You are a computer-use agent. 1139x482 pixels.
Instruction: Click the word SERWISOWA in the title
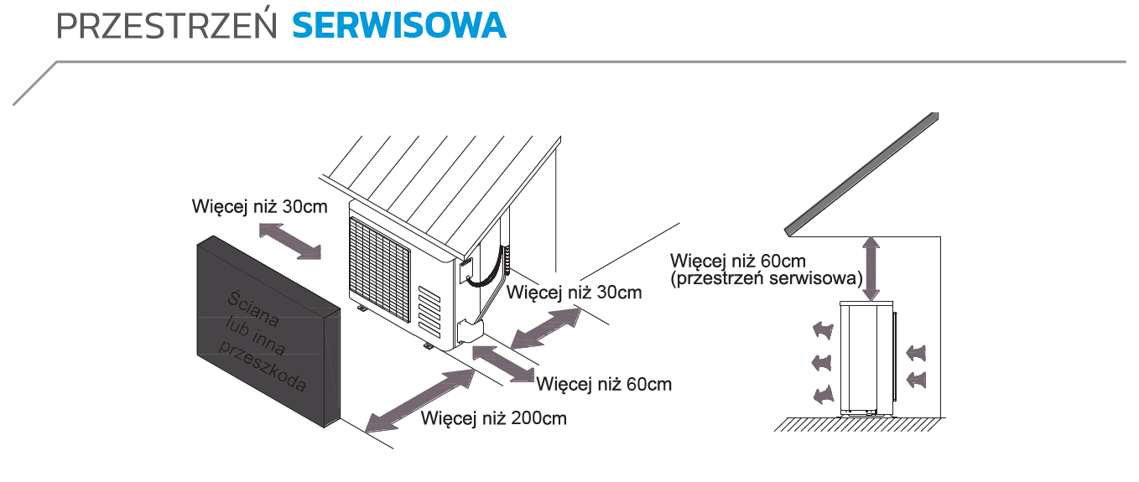(399, 26)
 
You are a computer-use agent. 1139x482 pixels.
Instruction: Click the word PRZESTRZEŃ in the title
(167, 26)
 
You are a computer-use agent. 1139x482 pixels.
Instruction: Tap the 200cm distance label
(494, 417)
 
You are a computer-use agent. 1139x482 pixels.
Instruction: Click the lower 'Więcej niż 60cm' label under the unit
(604, 384)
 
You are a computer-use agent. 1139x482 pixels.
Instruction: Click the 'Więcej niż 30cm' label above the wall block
(259, 205)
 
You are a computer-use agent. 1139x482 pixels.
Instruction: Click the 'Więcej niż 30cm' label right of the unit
(575, 292)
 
